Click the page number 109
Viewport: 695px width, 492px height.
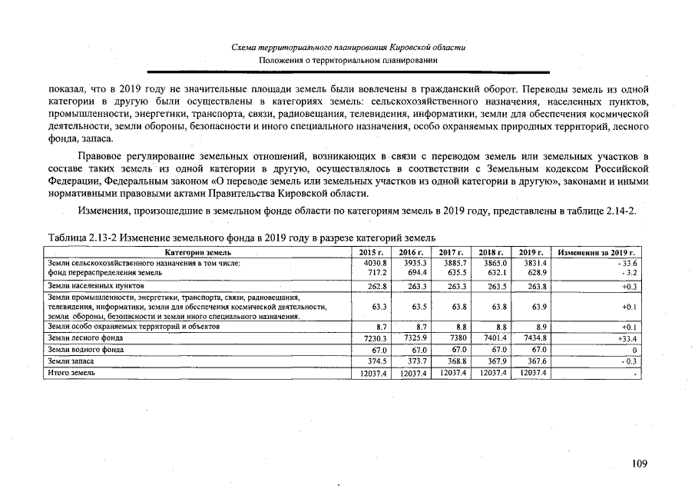click(x=640, y=463)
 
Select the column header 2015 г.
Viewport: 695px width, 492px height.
click(x=372, y=252)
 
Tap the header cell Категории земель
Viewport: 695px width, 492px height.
click(x=198, y=252)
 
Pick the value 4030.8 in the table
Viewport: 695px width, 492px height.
click(x=372, y=263)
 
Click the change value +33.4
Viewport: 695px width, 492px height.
click(x=628, y=337)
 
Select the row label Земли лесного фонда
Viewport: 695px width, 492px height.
click(x=85, y=337)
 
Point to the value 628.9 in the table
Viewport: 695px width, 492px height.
click(x=534, y=272)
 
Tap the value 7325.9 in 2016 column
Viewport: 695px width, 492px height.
click(x=412, y=337)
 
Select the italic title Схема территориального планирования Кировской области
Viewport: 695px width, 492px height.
click(x=349, y=48)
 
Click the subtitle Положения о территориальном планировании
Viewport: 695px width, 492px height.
click(x=349, y=60)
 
